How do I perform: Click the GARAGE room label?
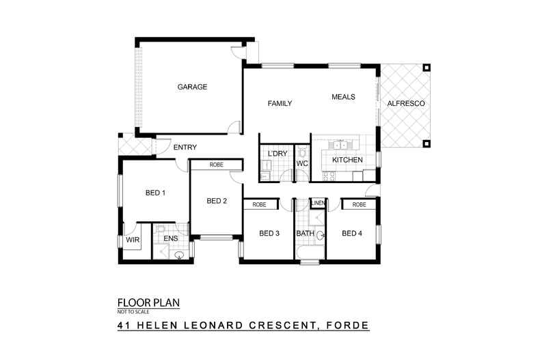click(x=192, y=87)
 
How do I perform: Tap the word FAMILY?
click(x=280, y=104)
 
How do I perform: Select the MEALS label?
click(x=343, y=97)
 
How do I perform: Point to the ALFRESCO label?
click(x=406, y=104)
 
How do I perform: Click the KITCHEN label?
click(x=347, y=160)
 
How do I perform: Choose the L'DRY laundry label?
click(x=278, y=154)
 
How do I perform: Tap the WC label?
click(x=302, y=164)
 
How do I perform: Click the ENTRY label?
click(x=185, y=148)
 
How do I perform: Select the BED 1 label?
click(x=156, y=193)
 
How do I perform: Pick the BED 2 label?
click(x=217, y=201)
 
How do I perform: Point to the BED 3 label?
click(x=269, y=234)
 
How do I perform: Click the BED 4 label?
click(x=351, y=234)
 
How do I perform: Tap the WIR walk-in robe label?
click(x=132, y=240)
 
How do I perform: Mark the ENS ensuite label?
click(x=170, y=240)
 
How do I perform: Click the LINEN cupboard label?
click(x=318, y=204)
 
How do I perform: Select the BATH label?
click(x=305, y=234)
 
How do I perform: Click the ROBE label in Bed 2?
click(x=217, y=165)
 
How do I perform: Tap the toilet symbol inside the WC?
click(x=302, y=152)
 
